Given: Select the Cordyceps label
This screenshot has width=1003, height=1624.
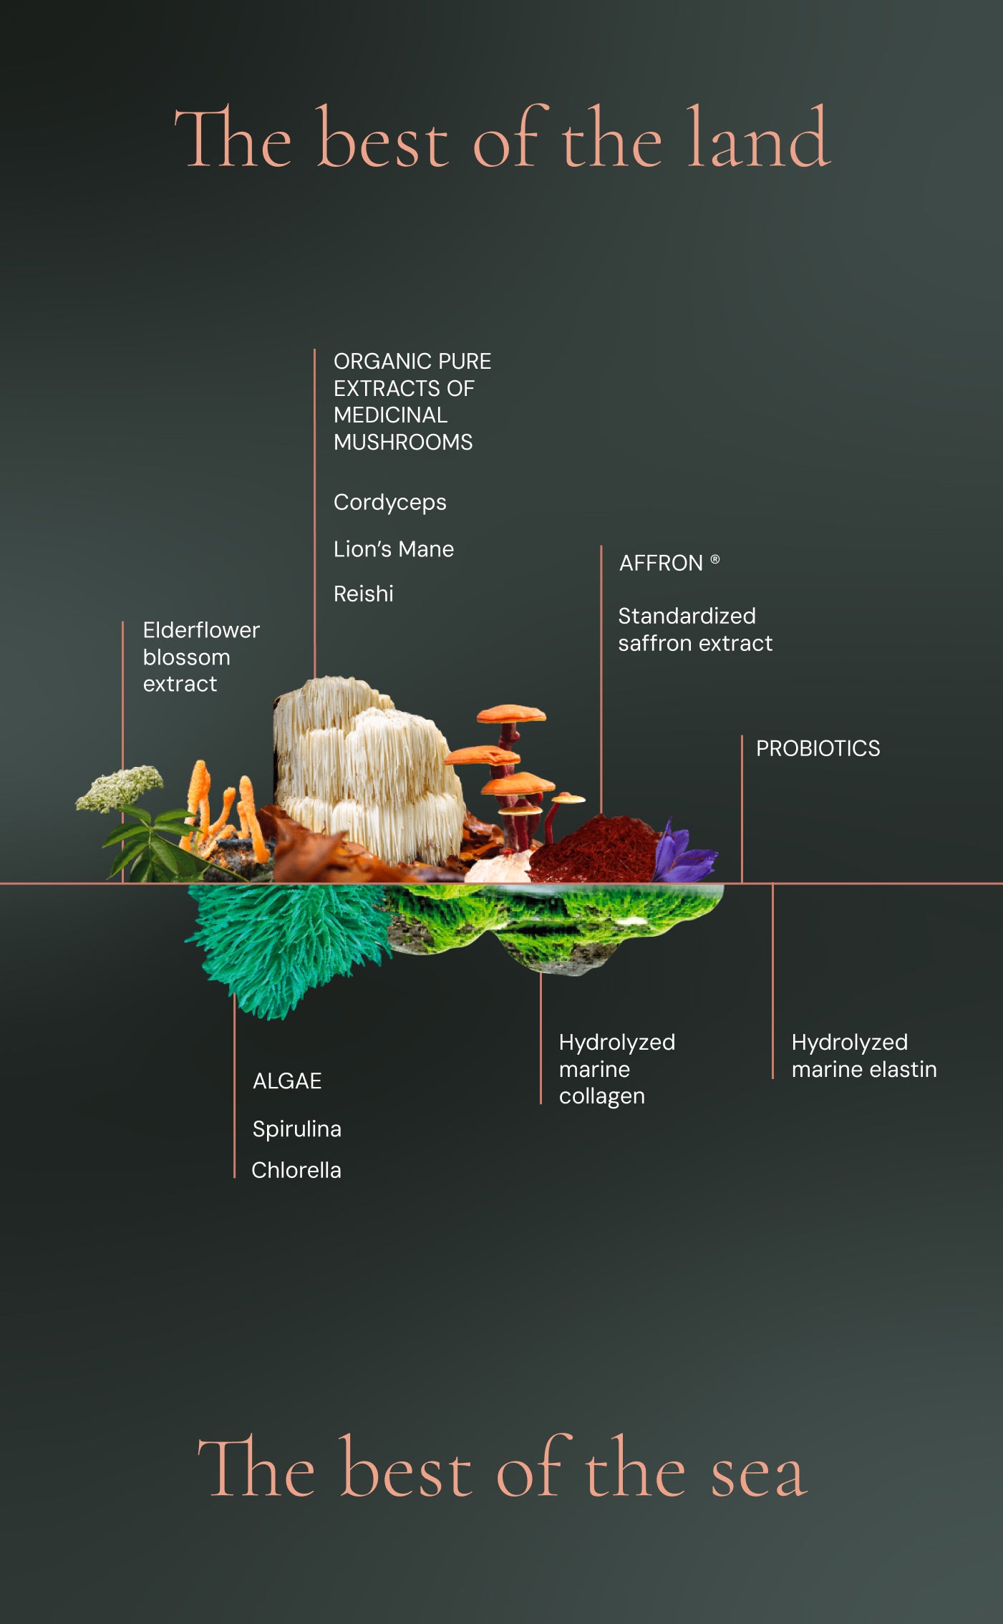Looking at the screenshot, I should pos(389,503).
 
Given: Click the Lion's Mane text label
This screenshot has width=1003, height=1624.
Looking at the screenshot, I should pos(393,549).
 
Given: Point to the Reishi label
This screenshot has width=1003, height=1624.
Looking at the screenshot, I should pos(363,594).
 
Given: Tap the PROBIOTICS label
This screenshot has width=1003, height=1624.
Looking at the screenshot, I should pos(818,748).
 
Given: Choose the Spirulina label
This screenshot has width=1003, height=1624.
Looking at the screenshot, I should pos(296,1129).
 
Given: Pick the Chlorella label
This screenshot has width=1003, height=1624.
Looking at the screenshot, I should pos(296,1170).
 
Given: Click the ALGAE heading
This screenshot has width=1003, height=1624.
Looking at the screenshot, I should pos(286,1081).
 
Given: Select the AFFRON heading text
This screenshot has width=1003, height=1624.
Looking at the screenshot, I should pos(661,564).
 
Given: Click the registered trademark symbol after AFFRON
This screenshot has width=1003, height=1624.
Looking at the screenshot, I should pos(714,559).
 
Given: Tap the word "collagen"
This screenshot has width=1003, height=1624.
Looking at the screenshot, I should pos(601,1096).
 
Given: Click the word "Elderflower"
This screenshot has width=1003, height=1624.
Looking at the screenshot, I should pos(201,630).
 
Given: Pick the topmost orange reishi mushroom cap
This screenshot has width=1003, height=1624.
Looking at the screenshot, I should pos(511,713).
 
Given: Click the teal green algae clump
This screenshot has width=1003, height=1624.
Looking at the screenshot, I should pos(286,938).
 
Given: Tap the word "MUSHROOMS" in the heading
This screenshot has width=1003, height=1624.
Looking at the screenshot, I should pos(403,443).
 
